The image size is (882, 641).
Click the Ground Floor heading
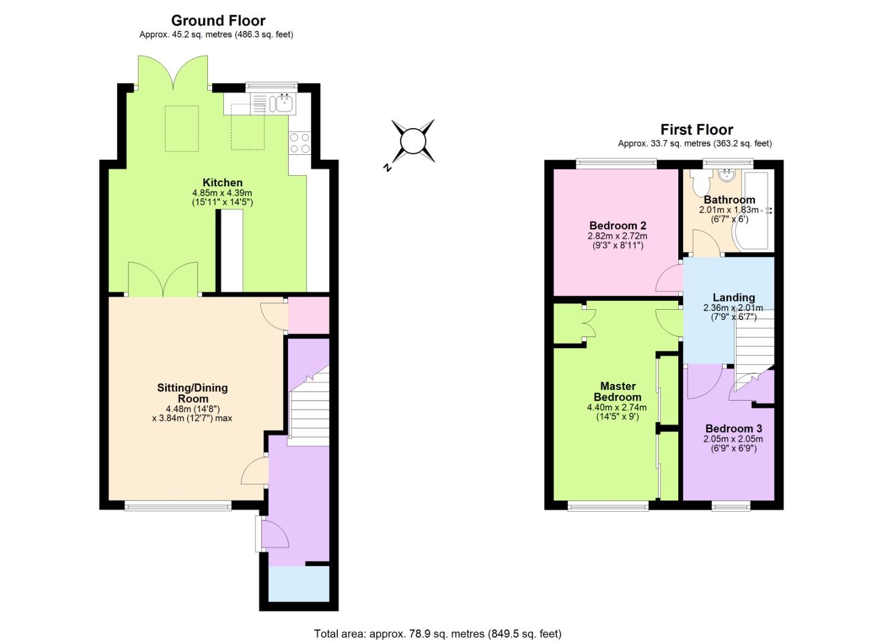click(218, 21)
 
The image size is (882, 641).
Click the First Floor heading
click(696, 129)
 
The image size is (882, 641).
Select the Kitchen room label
click(222, 183)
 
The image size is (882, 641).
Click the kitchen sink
click(282, 104)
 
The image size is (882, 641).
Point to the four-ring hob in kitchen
click(299, 143)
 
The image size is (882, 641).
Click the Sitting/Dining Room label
click(192, 393)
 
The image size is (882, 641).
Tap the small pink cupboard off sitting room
click(308, 315)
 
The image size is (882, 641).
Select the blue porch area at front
click(298, 584)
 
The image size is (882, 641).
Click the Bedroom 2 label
click(617, 226)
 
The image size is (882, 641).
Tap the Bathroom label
click(729, 200)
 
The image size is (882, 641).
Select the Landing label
click(734, 297)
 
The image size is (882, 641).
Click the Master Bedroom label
click(617, 392)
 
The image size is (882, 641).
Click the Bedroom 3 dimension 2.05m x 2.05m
click(732, 439)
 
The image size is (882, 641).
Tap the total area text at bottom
click(437, 634)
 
